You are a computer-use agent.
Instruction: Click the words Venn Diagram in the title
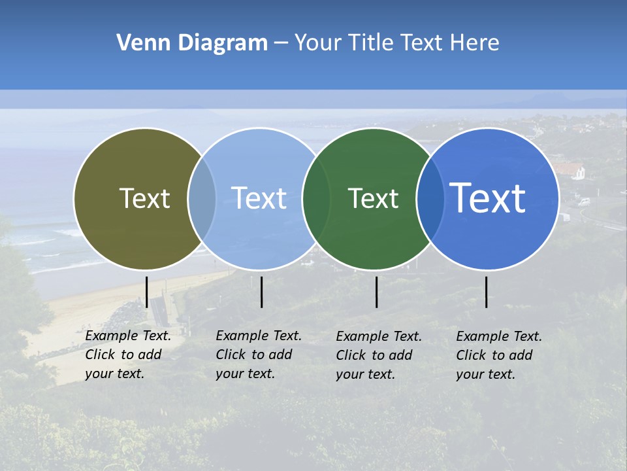click(x=192, y=43)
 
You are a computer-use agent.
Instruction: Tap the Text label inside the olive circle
click(x=144, y=199)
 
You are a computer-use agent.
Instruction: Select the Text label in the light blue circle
click(x=259, y=199)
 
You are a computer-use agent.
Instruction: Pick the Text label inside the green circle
click(x=373, y=199)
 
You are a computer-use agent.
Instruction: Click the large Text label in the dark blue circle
click(x=488, y=198)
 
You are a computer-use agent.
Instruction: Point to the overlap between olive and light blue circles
click(x=202, y=199)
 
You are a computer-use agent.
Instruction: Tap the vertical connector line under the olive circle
click(x=147, y=292)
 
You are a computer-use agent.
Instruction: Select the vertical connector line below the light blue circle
click(x=261, y=292)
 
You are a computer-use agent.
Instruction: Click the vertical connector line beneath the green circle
click(x=377, y=292)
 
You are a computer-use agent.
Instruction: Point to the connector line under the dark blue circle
click(x=487, y=292)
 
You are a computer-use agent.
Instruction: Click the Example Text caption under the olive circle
click(x=128, y=355)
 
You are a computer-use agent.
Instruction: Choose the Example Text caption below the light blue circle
click(x=259, y=355)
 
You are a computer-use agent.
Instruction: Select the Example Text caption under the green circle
click(x=379, y=355)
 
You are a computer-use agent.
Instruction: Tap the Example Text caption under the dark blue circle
click(x=499, y=355)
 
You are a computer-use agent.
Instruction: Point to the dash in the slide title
click(x=281, y=43)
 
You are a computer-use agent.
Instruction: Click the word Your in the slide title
click(x=317, y=43)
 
